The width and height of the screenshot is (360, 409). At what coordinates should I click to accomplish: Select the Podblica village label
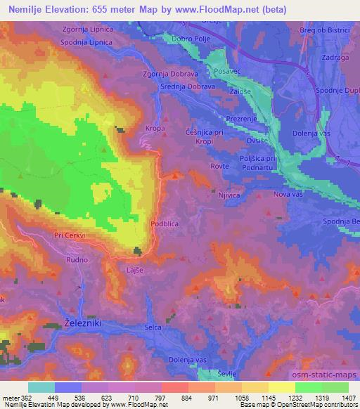(165, 225)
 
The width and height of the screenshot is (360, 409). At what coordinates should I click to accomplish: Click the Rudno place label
(77, 259)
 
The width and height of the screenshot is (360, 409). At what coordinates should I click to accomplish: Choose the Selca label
(154, 327)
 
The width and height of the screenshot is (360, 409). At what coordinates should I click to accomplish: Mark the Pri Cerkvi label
(69, 236)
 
